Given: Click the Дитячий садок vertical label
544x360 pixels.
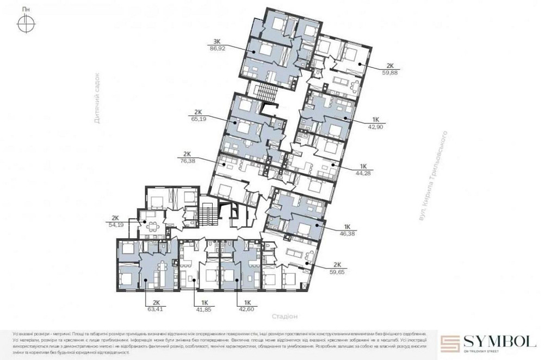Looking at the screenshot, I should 97,98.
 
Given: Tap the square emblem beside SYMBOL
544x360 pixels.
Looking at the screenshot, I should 450,344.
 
